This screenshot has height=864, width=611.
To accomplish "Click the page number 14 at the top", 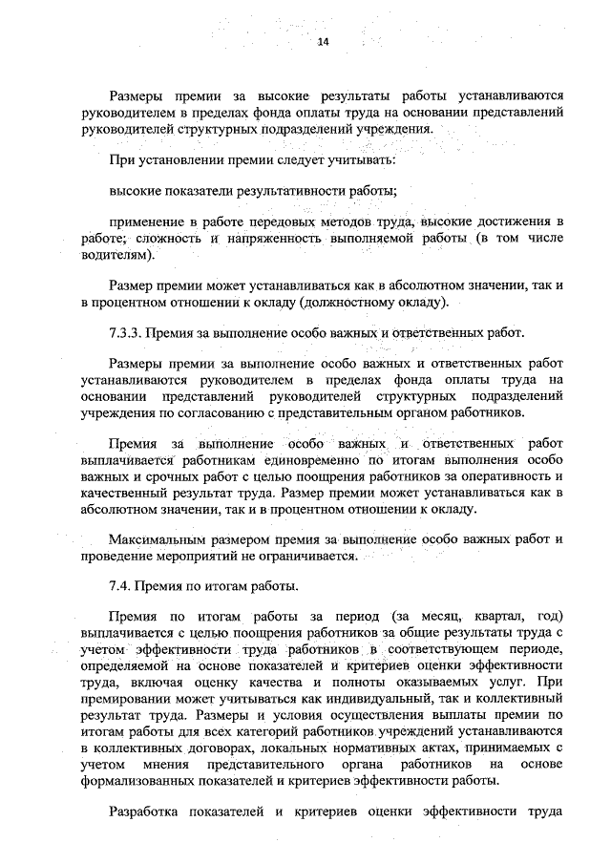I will point(322,42).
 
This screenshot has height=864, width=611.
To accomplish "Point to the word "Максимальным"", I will point(155,539).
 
